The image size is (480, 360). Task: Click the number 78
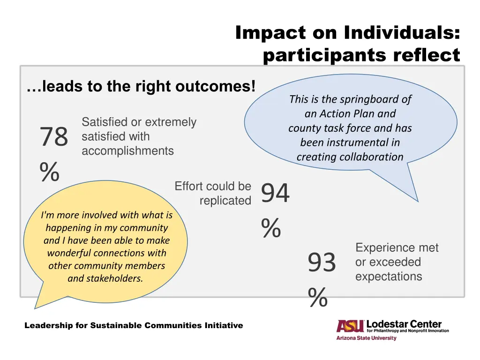pyautogui.click(x=54, y=137)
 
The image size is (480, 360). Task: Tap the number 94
pyautogui.click(x=275, y=194)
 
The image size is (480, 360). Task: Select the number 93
pyautogui.click(x=322, y=262)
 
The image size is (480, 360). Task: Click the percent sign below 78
pyautogui.click(x=49, y=172)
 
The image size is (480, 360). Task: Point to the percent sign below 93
pyautogui.click(x=317, y=298)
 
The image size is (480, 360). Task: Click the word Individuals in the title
pyautogui.click(x=401, y=33)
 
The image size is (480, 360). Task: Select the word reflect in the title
pyautogui.click(x=427, y=55)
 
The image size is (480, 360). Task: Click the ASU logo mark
pyautogui.click(x=350, y=326)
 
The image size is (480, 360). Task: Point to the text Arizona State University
pyautogui.click(x=366, y=338)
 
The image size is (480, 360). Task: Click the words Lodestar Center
pyautogui.click(x=404, y=324)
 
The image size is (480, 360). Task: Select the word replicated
pyautogui.click(x=225, y=201)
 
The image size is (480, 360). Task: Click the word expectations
pyautogui.click(x=389, y=277)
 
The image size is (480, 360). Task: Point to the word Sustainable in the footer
pyautogui.click(x=116, y=325)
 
